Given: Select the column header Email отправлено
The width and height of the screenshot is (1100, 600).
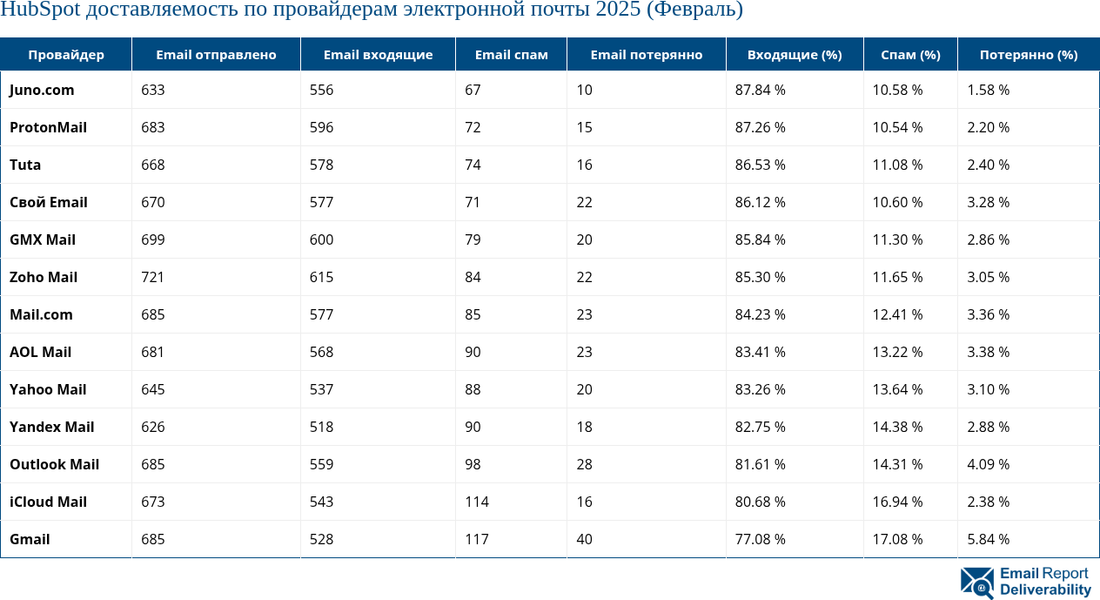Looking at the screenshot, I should coord(216,55).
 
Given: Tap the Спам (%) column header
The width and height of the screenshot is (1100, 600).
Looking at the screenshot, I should coord(910,55).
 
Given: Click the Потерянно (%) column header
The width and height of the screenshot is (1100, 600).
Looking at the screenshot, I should coord(1028,55).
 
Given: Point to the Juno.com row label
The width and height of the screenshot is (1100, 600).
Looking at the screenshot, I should coord(42,90).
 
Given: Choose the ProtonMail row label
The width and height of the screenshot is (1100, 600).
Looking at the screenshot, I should coord(48,127).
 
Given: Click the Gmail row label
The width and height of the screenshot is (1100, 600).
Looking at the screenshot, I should coord(30,539).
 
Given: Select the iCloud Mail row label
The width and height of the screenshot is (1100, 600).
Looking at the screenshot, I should coord(48,502).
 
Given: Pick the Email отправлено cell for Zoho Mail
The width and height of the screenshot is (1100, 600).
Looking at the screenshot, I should coord(152,277).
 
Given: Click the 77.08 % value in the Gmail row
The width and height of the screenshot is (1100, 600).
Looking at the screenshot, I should coord(760,539).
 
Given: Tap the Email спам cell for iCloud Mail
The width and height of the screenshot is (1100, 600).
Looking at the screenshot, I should coord(476,502).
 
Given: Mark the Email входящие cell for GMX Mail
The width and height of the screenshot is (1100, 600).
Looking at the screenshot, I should coord(321,239).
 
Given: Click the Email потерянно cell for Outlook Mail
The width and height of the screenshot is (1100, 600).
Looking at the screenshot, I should coord(584,464).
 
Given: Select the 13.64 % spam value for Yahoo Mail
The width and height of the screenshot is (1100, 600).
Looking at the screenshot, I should coord(897,389).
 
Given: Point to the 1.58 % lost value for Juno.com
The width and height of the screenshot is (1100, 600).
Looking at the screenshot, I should coord(988,90).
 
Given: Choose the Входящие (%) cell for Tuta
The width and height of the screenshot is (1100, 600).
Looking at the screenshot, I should coord(760,165).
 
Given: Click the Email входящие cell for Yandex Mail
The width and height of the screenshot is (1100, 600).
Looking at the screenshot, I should coord(321,427).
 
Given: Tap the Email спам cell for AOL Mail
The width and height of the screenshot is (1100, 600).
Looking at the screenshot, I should coord(473,352).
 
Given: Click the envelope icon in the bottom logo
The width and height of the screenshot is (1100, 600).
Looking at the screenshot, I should coord(977,583).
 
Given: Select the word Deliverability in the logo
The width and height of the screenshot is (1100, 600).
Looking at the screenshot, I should coord(1045,590).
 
